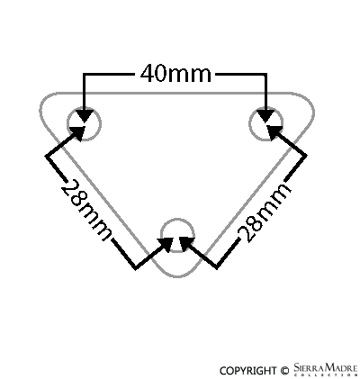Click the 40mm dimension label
coord(175,74)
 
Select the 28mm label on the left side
coord(86,210)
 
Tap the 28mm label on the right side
coord(264,212)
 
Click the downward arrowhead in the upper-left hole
coord(84,115)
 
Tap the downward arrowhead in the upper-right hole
coord(265,115)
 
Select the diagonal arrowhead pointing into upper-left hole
coord(77,133)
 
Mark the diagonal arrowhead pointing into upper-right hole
coord(274,132)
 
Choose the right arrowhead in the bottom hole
coord(187,244)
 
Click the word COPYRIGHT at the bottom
coord(247,371)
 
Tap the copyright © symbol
coord(285,371)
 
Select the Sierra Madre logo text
coord(326,369)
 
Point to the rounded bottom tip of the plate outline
coord(177,276)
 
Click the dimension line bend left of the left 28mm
coord(46,156)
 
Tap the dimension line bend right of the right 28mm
coord(306,155)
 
